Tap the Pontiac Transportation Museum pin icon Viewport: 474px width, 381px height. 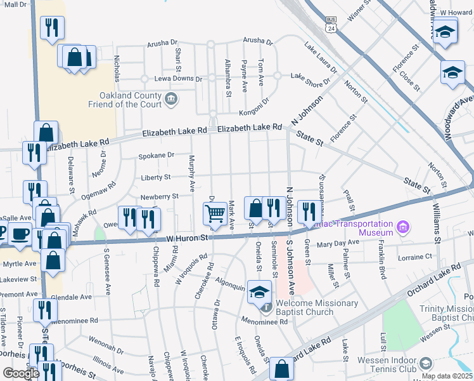coord(402,227)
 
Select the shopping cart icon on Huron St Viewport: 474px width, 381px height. coord(215,213)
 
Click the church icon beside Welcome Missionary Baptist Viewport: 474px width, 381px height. coord(267,307)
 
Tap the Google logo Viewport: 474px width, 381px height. coord(21,373)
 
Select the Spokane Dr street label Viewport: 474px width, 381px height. coord(157,155)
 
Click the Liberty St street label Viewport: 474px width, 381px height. coord(155,177)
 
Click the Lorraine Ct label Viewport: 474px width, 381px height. coord(415,257)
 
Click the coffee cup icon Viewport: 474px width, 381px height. coord(20,234)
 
